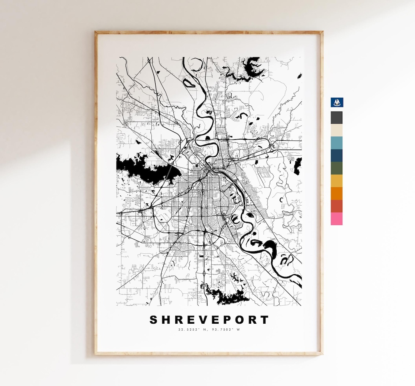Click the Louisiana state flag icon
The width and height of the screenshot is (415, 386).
point(337,102)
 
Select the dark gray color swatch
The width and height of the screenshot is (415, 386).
point(337,118)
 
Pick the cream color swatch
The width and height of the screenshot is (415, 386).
point(337,130)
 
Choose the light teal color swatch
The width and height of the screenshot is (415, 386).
point(337,143)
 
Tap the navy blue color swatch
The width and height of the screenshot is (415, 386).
point(337,156)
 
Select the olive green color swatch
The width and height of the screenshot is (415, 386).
point(337,168)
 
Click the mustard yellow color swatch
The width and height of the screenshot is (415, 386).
point(337,181)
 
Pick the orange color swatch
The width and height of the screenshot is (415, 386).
point(337,194)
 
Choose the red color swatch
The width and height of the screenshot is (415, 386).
point(337,206)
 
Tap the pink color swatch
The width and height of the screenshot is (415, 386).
point(337,219)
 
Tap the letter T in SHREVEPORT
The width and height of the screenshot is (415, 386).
point(264,320)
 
